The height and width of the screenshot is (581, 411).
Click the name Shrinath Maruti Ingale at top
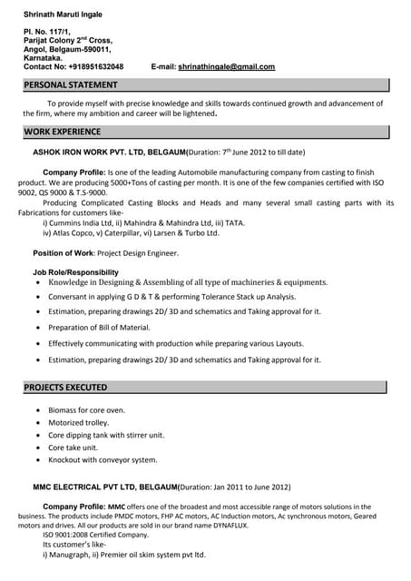click(63, 15)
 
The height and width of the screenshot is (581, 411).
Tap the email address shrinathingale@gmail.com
click(226, 67)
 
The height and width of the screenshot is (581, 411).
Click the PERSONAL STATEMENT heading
click(71, 85)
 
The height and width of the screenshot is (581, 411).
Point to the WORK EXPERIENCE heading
click(63, 133)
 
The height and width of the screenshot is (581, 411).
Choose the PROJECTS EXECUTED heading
click(65, 388)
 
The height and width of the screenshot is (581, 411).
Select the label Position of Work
click(63, 253)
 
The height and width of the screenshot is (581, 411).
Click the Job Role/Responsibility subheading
click(75, 272)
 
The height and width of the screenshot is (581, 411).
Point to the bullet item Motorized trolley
click(78, 422)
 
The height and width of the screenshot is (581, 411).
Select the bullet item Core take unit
click(73, 448)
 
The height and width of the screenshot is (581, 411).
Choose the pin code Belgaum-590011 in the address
click(73, 50)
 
